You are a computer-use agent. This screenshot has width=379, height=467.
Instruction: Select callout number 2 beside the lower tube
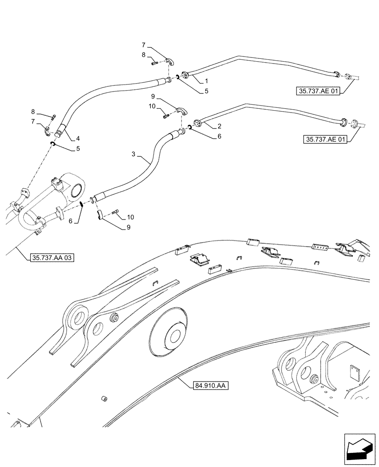219,126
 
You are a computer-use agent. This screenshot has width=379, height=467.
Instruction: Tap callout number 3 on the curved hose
134,154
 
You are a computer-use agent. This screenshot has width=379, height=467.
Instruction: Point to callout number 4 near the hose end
77,138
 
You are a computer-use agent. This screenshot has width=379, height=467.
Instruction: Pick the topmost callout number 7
144,45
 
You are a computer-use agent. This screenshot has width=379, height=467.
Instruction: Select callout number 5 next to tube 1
206,92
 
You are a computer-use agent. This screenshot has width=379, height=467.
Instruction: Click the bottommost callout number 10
130,217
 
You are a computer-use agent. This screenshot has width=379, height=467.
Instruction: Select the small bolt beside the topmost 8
156,63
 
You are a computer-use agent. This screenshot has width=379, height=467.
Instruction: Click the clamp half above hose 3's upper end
182,111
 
